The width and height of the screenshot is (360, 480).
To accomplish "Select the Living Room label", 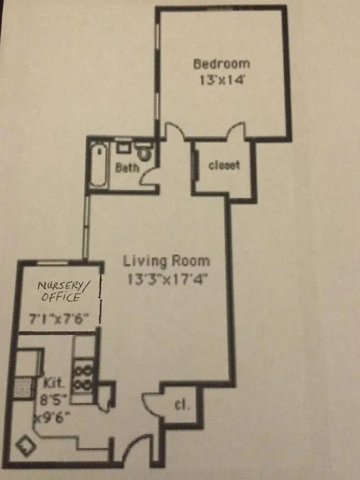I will (166, 261).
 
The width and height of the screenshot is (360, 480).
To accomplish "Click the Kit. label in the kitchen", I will (53, 382).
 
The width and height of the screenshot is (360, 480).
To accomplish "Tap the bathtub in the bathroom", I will (98, 164).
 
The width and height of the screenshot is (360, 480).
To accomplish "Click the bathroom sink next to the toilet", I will (124, 146).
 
